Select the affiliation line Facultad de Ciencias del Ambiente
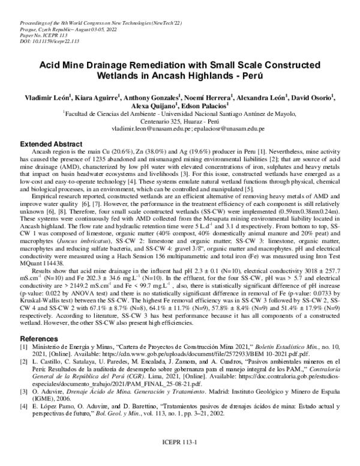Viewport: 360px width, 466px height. coord(180,112)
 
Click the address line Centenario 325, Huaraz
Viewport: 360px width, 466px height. coord(179,121)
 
